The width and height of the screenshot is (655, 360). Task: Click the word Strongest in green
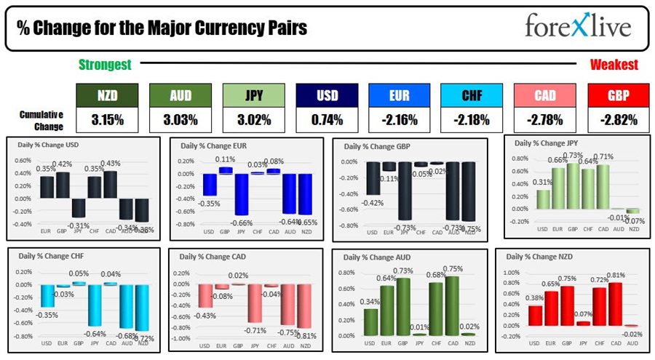(106, 65)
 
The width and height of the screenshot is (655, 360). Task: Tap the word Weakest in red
(614, 65)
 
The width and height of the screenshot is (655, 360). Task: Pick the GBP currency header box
(618, 95)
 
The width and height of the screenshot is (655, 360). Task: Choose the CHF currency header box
(472, 95)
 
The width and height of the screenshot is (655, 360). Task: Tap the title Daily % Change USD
(47, 145)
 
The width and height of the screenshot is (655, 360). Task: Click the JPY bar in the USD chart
(78, 208)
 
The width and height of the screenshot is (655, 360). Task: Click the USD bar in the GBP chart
(373, 177)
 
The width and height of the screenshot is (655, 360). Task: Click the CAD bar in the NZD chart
(616, 303)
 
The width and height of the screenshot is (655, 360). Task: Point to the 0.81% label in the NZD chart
(616, 275)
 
